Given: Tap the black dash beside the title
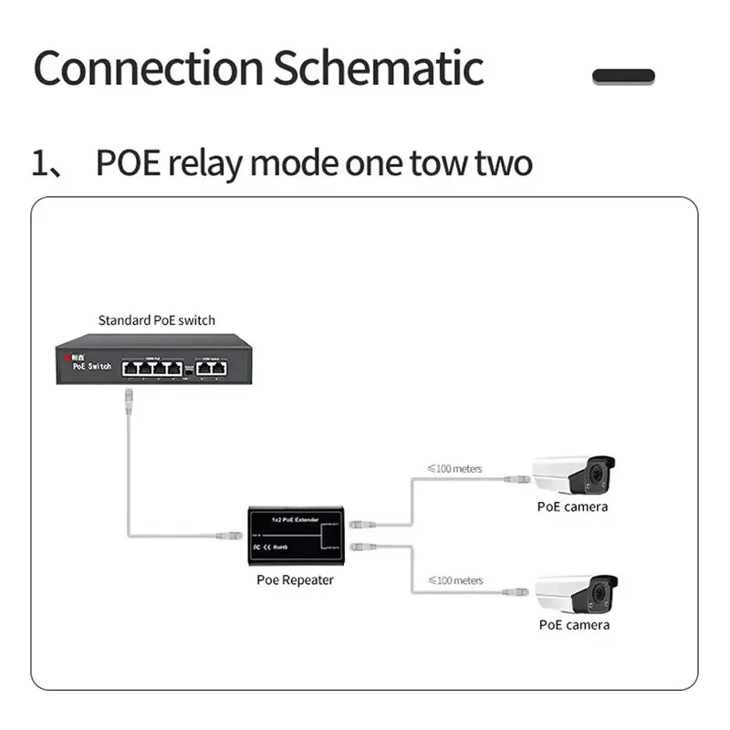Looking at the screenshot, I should [x=623, y=77].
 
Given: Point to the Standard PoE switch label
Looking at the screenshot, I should [x=157, y=320].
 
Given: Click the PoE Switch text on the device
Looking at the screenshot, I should [x=89, y=367].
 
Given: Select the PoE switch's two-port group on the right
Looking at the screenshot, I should [x=215, y=367].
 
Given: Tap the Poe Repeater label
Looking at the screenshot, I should [x=295, y=580].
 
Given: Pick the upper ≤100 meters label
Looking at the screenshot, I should [x=454, y=469].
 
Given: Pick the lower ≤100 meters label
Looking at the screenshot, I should [x=454, y=580].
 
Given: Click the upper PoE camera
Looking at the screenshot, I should [x=574, y=475].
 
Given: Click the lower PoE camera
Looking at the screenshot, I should [x=577, y=593].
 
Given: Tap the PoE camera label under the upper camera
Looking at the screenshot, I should [x=572, y=506].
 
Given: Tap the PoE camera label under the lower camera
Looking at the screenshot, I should [x=574, y=625].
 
